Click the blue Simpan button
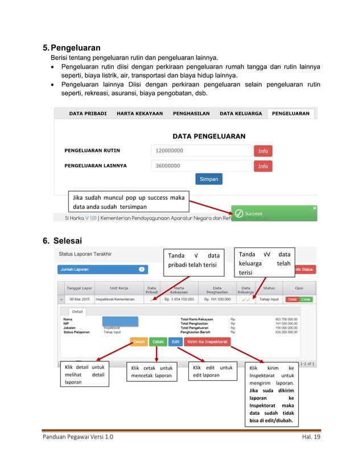[209, 179]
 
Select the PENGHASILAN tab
[191, 113]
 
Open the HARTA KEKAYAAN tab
[139, 113]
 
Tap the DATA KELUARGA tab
[241, 113]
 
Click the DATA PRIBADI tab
[88, 113]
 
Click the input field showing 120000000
[201, 151]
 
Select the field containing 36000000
[201, 166]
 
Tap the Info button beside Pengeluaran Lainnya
[263, 166]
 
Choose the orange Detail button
[139, 342]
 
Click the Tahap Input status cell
[269, 299]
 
